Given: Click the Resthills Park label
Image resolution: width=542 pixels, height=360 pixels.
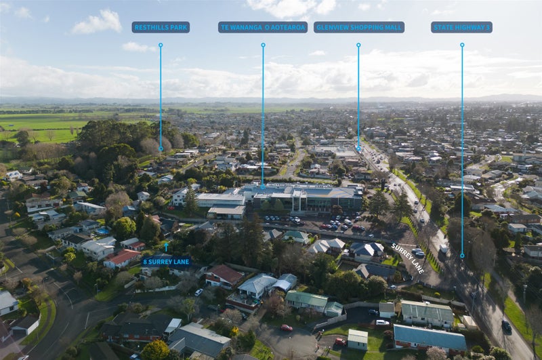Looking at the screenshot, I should [161, 27].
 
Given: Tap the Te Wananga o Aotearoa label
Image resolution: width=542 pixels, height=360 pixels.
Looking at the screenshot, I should [263, 27].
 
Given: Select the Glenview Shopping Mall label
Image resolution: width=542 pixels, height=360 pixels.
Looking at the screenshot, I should [358, 27].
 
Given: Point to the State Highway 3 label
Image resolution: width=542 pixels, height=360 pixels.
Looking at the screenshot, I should [461, 27].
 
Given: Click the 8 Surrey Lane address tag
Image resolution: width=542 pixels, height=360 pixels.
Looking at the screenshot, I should [166, 261].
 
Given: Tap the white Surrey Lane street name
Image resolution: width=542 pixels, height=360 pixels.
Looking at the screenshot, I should [407, 259].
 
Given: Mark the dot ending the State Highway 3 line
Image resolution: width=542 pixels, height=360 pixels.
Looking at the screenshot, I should [462, 256].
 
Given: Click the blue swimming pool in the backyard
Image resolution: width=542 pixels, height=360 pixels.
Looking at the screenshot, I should [102, 231].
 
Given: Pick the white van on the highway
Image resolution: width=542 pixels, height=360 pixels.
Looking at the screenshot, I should [444, 248].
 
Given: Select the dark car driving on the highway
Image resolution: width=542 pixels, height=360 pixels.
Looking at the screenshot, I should [506, 325].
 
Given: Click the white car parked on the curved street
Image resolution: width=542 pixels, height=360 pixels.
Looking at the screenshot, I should [199, 292].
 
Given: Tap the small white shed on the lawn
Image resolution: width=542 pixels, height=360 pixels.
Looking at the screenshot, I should [358, 338].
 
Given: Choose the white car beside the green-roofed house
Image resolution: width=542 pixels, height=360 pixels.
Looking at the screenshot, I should [383, 323].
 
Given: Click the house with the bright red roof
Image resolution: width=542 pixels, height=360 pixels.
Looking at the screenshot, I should [123, 258].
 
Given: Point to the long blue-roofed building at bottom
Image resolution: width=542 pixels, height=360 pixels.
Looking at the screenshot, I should [429, 337].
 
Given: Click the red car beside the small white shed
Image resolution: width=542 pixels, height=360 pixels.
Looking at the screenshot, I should [340, 342].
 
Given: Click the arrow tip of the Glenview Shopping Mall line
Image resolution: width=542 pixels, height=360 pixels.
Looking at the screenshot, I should [358, 150].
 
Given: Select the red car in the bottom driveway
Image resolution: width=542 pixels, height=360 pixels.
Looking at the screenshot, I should [287, 328].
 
